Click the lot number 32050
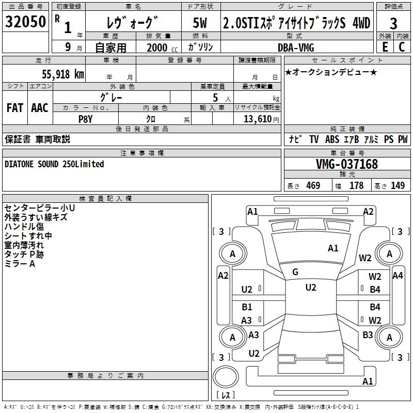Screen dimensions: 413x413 pyautogui.click(x=25, y=23)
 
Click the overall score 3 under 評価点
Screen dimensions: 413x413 pyautogui.click(x=393, y=24)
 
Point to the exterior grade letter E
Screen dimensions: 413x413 pyautogui.click(x=385, y=46)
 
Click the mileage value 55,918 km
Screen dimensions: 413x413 pyautogui.click(x=61, y=74)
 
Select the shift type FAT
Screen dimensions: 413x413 pyautogui.click(x=14, y=107)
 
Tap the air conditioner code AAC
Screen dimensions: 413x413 pyautogui.click(x=39, y=107)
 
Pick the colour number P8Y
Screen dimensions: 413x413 pyautogui.click(x=85, y=118)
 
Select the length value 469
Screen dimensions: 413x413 pyautogui.click(x=313, y=186)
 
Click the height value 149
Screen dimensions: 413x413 pyautogui.click(x=398, y=186)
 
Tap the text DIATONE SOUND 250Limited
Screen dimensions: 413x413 pyautogui.click(x=54, y=164)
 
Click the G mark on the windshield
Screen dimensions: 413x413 pyautogui.click(x=295, y=272)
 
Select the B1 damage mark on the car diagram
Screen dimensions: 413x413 pyautogui.click(x=247, y=307)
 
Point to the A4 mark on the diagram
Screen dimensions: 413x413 pyautogui.click(x=398, y=276)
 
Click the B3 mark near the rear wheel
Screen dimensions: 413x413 pyautogui.click(x=368, y=335)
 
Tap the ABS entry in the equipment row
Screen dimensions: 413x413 pyautogui.click(x=332, y=139)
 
